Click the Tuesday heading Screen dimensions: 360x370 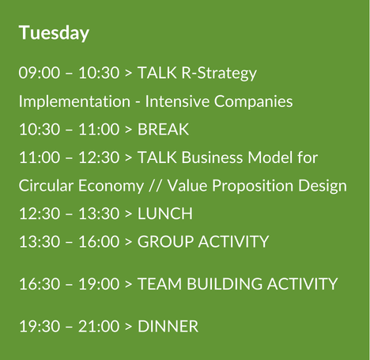(54, 33)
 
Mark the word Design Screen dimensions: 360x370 (324, 187)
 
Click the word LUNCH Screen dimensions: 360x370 (165, 214)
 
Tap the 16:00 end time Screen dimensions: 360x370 (98, 241)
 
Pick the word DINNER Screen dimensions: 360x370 (168, 325)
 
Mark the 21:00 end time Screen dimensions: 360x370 (98, 325)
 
